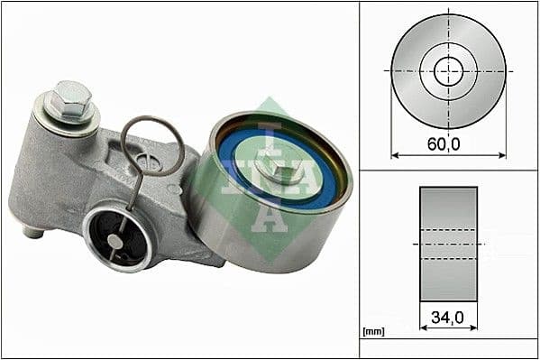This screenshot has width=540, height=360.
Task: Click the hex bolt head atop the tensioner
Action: [72, 96]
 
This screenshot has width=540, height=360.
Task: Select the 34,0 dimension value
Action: [448, 317]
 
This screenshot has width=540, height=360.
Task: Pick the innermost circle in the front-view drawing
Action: [448, 70]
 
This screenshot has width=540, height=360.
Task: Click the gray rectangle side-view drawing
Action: [448, 244]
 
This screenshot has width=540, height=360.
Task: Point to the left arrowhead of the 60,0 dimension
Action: [395, 155]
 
